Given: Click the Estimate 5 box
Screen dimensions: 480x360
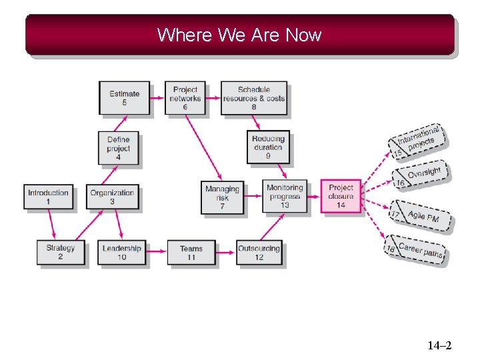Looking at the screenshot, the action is click(124, 97).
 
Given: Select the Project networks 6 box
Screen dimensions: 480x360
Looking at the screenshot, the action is click(185, 97).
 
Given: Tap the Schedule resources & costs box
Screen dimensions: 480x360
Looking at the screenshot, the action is click(254, 97).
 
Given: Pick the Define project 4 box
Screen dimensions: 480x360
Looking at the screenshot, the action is click(119, 148).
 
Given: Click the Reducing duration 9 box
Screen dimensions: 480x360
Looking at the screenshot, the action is click(268, 147).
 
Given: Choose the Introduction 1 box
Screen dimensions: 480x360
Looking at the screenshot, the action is click(48, 197).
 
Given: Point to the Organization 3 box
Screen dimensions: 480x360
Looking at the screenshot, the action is click(112, 197).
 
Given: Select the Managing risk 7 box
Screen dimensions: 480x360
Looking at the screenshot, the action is click(222, 197).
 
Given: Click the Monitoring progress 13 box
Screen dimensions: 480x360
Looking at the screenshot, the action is click(285, 196).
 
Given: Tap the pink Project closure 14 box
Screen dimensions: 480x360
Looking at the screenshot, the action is click(341, 196).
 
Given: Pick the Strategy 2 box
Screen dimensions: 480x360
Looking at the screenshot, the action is click(61, 252).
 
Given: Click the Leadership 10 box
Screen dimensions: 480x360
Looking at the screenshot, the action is click(122, 252).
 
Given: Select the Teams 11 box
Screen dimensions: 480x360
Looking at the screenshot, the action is click(191, 252).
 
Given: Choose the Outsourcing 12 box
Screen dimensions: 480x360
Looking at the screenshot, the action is click(259, 252).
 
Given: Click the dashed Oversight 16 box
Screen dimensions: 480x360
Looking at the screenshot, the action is click(421, 175).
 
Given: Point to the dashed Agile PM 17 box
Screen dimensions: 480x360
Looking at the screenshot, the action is click(421, 216).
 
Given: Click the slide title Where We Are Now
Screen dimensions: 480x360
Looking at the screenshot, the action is click(239, 35).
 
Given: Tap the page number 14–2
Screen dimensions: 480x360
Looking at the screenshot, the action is click(439, 345).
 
